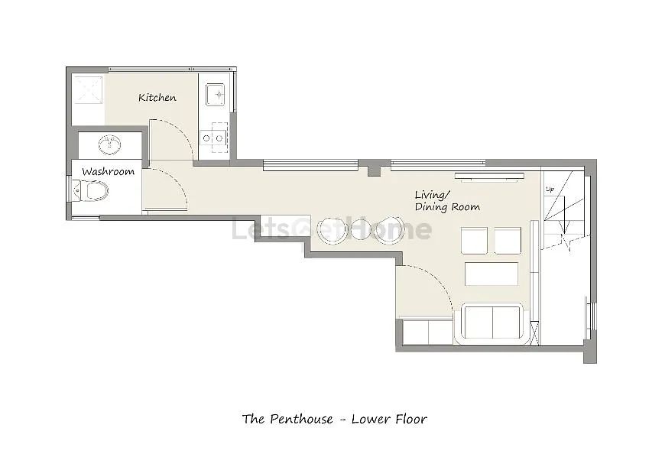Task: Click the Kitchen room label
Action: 157,98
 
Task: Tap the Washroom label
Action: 108,172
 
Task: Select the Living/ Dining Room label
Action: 447,202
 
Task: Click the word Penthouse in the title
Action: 301,419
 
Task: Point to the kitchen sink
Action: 216,95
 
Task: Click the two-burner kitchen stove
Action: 214,138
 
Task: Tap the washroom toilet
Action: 91,191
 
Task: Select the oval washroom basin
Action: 110,144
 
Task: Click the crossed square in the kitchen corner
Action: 89,89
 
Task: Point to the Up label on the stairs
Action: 550,190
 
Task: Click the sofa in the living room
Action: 492,323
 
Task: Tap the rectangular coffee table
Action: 491,274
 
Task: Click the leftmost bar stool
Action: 332,230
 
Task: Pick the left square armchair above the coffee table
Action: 474,241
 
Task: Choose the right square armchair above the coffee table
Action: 508,241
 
